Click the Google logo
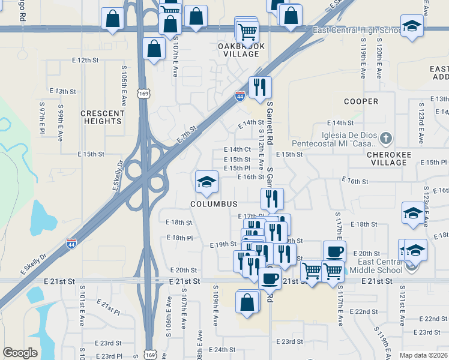tap(20, 353)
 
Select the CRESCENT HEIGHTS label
tap(101, 117)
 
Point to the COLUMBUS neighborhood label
tap(214, 204)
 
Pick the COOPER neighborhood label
tap(361, 101)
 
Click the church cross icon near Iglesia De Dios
tap(385, 139)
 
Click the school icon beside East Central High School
tap(412, 26)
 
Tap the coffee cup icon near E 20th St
tap(334, 251)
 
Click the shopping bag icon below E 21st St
tap(247, 302)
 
